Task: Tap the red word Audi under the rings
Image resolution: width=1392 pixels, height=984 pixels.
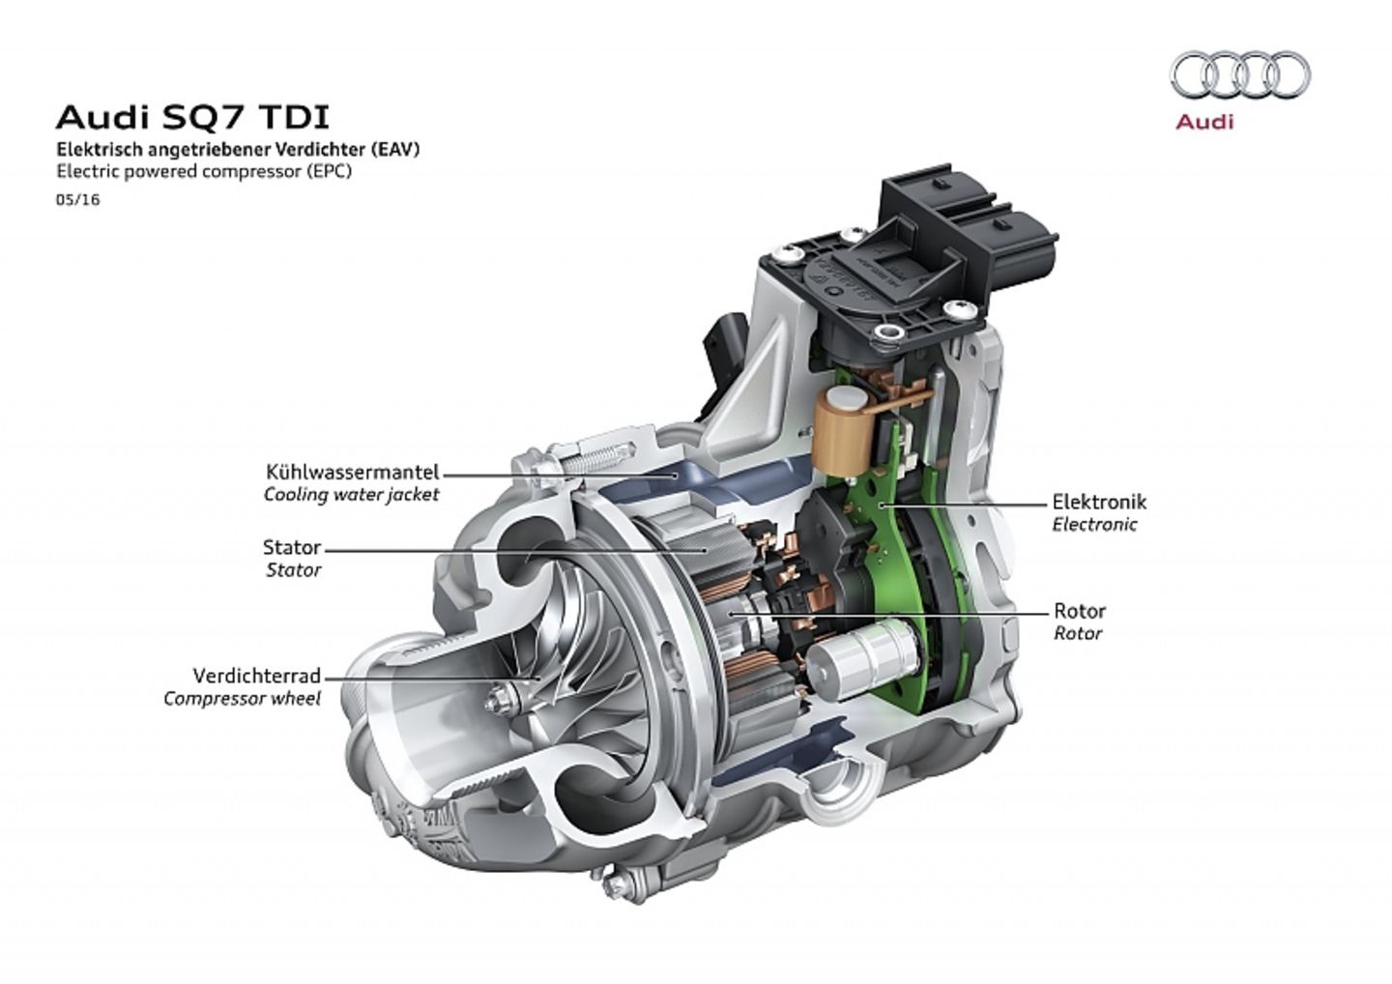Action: coord(1203,123)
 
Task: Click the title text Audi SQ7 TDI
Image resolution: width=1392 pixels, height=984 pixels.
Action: coord(192,117)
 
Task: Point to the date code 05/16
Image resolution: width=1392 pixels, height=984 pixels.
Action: coord(77,200)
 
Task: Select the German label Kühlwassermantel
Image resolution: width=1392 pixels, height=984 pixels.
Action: coord(352,473)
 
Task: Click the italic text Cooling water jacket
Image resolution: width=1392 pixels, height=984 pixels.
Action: coord(351,495)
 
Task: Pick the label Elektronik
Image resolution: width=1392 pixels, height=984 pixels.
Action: coord(1099,502)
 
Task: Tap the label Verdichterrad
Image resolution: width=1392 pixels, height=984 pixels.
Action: coord(256,676)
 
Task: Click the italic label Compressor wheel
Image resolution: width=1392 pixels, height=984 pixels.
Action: coord(242,698)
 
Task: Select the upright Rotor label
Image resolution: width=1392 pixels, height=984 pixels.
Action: coord(1079,611)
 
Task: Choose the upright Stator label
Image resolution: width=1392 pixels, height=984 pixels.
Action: coord(291,547)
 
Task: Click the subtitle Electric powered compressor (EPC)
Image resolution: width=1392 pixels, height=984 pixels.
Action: coord(204,172)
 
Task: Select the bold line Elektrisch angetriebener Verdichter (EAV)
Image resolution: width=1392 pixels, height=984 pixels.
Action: coord(238,150)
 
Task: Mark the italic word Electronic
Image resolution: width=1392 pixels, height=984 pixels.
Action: coord(1094,525)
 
